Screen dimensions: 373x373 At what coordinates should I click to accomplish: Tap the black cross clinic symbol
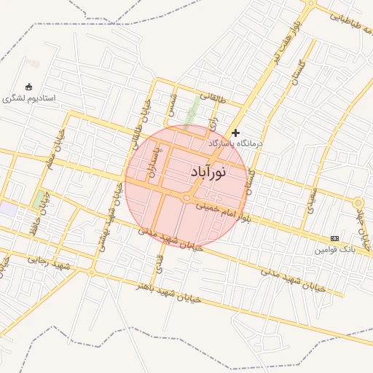point(235,133)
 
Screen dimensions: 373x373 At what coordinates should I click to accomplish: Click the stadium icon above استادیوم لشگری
point(28,87)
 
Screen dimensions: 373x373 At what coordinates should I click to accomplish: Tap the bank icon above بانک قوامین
point(334,238)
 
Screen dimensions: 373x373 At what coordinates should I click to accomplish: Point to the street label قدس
point(159,260)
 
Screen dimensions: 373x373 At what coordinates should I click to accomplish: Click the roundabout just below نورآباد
point(186,197)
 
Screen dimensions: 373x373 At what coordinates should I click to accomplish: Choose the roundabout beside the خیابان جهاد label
point(358,203)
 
